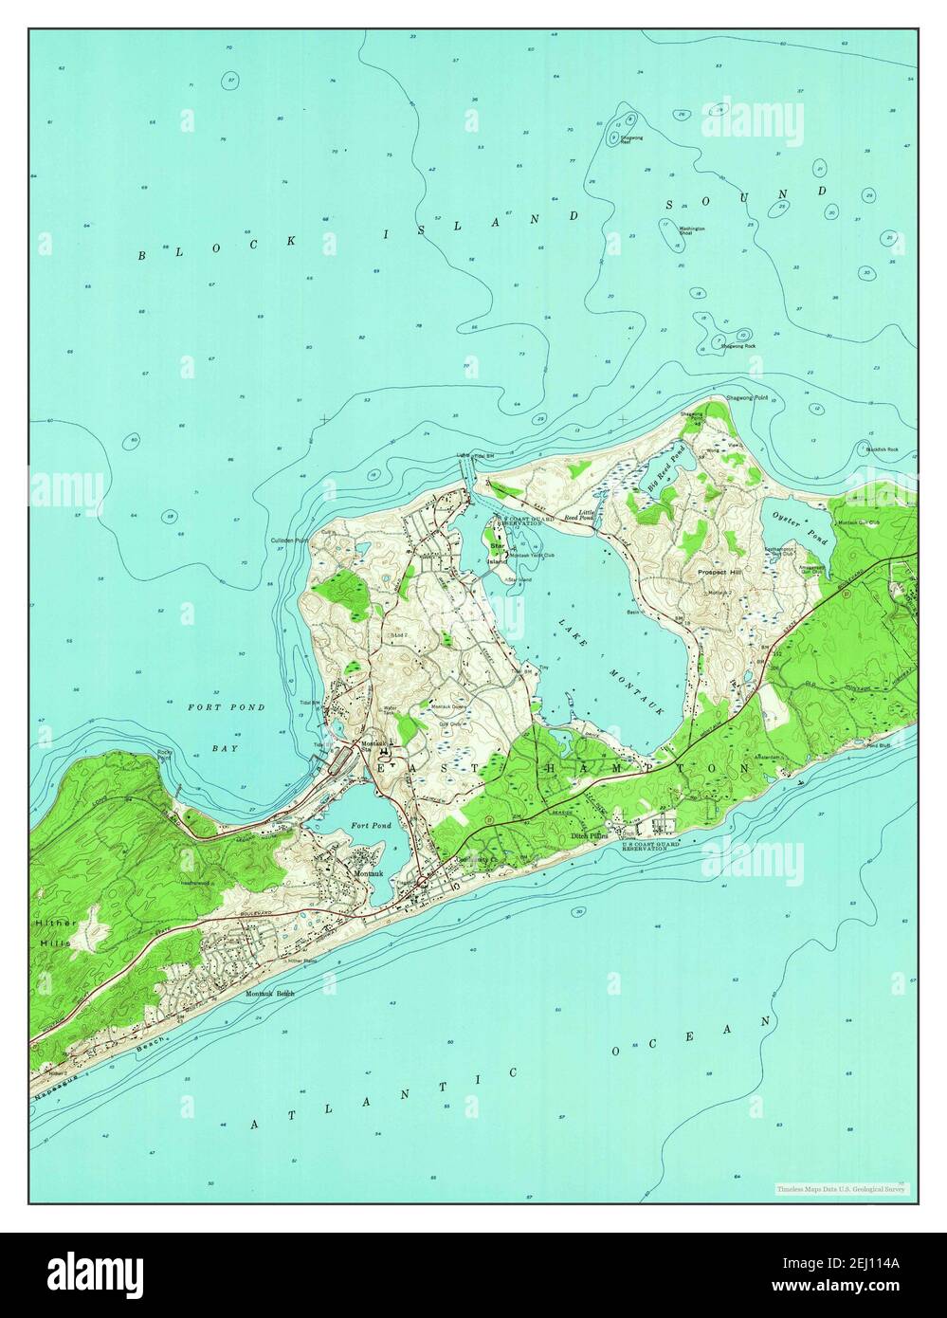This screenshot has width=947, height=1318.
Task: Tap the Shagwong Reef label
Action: coord(632,139)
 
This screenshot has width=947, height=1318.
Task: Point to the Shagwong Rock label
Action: coord(738,346)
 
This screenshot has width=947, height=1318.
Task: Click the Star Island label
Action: coord(497,553)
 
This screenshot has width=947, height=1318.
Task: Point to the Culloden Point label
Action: coord(288,540)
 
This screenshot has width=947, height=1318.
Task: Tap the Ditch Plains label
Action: coord(588,837)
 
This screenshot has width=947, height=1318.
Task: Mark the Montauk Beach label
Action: coord(270,993)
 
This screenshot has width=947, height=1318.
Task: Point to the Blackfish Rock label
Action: coord(882,449)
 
